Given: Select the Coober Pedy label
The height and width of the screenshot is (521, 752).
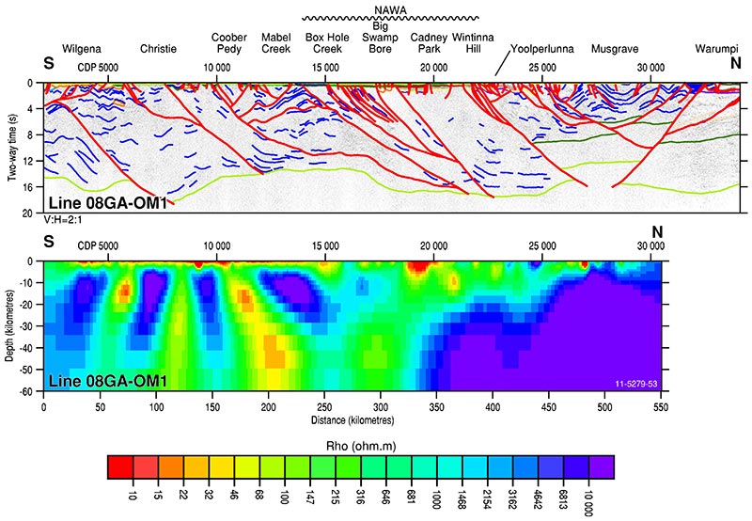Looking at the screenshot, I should point(229,42).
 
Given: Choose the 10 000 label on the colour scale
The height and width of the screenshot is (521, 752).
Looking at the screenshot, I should point(590,493).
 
